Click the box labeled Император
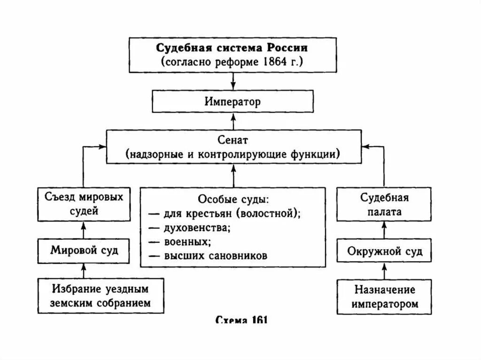[232, 101]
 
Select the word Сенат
[232, 140]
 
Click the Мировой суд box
[84, 250]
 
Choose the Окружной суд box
[384, 251]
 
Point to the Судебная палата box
[384, 204]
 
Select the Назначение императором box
[384, 296]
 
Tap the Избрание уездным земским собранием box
[101, 296]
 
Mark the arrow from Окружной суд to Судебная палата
[384, 232]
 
